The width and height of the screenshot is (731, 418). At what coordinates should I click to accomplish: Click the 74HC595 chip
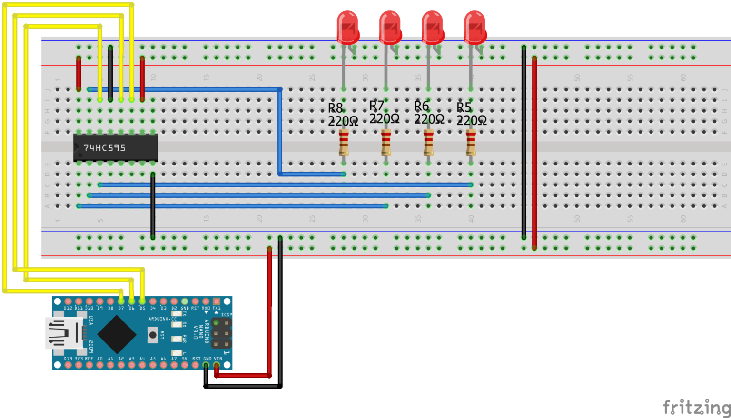pyautogui.click(x=116, y=148)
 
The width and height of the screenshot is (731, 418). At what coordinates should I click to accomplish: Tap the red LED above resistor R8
pyautogui.click(x=347, y=28)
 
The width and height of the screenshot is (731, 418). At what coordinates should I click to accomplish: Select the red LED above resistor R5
pyautogui.click(x=475, y=28)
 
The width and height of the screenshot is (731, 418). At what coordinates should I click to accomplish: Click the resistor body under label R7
pyautogui.click(x=386, y=142)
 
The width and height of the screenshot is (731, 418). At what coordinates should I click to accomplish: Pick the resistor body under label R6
pyautogui.click(x=428, y=142)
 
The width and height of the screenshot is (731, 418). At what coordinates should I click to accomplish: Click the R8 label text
pyautogui.click(x=336, y=108)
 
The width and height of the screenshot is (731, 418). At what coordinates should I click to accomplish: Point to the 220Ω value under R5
pyautogui.click(x=471, y=121)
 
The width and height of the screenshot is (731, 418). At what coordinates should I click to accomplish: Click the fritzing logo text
pyautogui.click(x=696, y=408)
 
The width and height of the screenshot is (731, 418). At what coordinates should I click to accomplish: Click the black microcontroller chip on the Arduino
pyautogui.click(x=117, y=334)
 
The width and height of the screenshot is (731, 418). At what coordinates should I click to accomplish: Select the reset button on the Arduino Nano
pyautogui.click(x=153, y=335)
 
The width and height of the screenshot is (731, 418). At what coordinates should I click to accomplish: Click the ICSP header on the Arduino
pyautogui.click(x=221, y=333)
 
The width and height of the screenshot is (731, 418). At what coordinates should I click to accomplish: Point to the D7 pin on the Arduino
pyautogui.click(x=121, y=301)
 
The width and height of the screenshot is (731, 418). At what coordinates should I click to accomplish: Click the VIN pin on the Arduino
pyautogui.click(x=217, y=365)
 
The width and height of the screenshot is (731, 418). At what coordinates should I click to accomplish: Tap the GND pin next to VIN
pyautogui.click(x=206, y=365)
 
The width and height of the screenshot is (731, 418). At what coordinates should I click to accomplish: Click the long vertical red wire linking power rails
pyautogui.click(x=534, y=152)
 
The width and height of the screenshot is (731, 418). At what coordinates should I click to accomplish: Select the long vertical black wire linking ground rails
pyautogui.click(x=524, y=143)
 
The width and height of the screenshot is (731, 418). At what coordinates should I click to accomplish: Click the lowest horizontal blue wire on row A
pyautogui.click(x=233, y=206)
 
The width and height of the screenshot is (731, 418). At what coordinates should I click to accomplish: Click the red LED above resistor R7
pyautogui.click(x=390, y=28)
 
